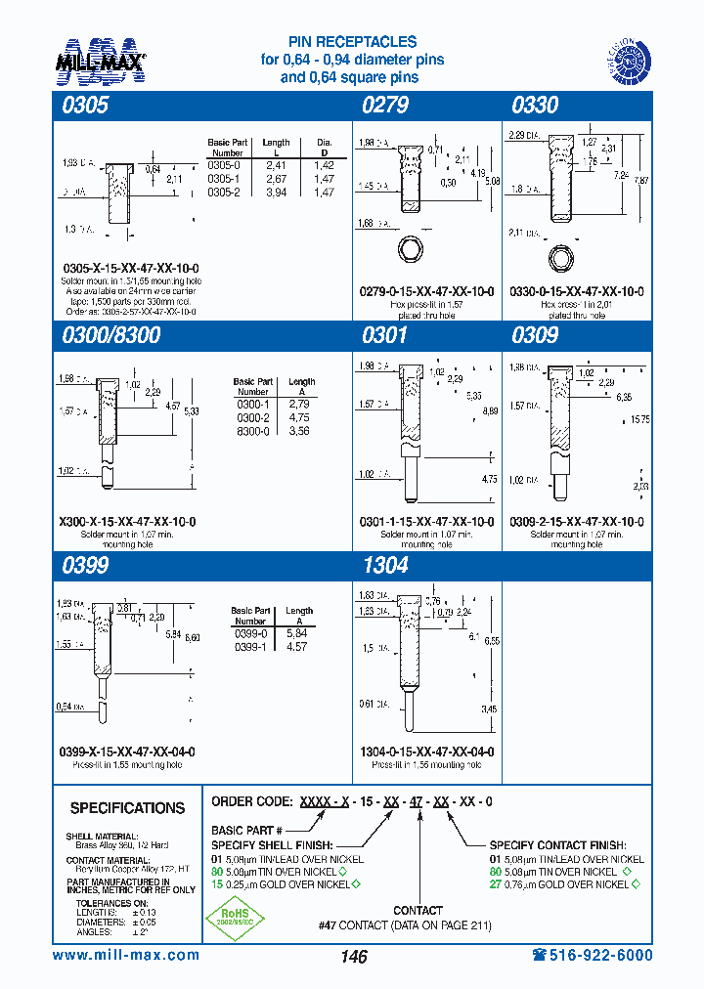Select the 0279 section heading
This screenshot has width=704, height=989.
click(385, 106)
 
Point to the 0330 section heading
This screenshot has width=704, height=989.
click(535, 106)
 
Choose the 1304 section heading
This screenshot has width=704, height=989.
click(385, 565)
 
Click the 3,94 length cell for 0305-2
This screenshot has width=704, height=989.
click(277, 192)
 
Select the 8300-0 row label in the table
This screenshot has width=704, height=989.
click(251, 430)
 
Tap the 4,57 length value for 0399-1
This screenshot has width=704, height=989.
click(299, 646)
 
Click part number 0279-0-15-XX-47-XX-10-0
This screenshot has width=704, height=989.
click(427, 292)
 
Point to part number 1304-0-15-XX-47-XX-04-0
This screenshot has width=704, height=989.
click(427, 752)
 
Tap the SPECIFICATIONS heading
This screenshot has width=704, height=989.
click(127, 808)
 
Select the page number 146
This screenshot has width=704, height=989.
click(354, 957)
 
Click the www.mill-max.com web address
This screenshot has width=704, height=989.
click(125, 955)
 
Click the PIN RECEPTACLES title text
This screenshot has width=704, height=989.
click(352, 42)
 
